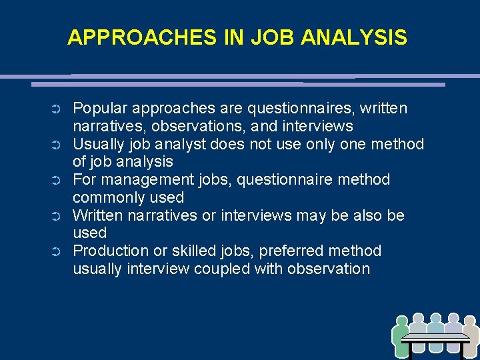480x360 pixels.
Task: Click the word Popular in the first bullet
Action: point(99,108)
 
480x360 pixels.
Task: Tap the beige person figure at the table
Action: point(469,333)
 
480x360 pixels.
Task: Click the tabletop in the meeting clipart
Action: point(436,337)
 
